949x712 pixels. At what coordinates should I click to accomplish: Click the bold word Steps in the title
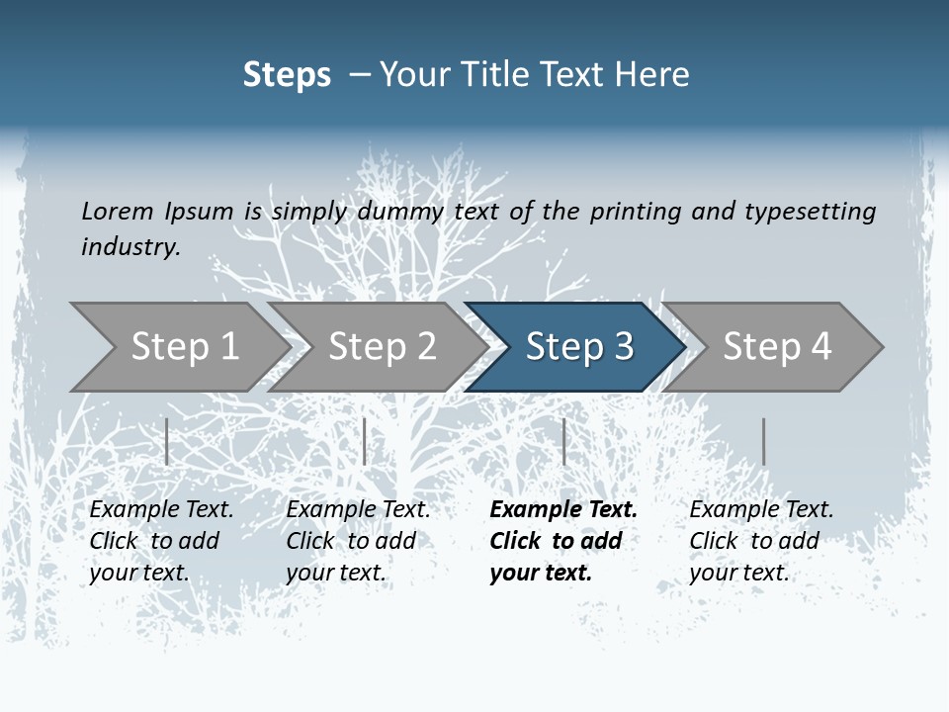pyautogui.click(x=287, y=75)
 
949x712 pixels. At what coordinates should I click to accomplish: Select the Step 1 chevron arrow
pyautogui.click(x=178, y=347)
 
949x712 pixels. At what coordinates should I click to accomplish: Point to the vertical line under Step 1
pyautogui.click(x=167, y=441)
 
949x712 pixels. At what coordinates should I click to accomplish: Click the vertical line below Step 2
pyautogui.click(x=365, y=441)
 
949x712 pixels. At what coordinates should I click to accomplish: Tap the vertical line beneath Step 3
pyautogui.click(x=563, y=441)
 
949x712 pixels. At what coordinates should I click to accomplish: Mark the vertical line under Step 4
pyautogui.click(x=763, y=441)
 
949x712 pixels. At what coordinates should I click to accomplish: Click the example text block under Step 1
pyautogui.click(x=161, y=541)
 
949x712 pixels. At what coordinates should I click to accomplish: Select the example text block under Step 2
pyautogui.click(x=358, y=541)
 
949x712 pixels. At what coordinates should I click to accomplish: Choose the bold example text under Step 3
pyautogui.click(x=563, y=541)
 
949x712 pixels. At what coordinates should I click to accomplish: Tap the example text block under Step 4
pyautogui.click(x=761, y=541)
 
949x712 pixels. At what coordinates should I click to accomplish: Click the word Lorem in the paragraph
pyautogui.click(x=117, y=211)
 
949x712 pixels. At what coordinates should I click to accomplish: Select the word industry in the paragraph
pyautogui.click(x=130, y=246)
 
